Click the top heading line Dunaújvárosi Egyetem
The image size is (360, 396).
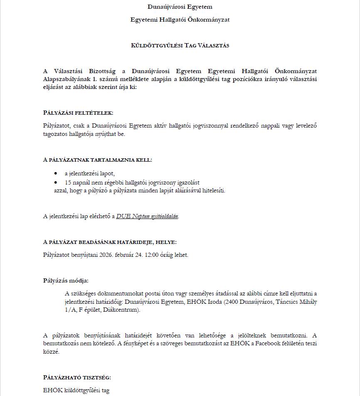180,7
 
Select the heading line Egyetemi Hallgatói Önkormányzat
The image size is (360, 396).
180,20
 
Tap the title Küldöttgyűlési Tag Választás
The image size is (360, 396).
180,45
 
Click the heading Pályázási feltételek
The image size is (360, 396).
78,113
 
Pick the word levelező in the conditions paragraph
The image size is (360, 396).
306,126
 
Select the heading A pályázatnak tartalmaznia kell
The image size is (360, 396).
98,160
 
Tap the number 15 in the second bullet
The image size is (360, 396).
68,182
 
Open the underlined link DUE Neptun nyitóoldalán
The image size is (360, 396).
147,216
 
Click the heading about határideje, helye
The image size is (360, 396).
110,242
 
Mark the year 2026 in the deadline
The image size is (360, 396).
107,255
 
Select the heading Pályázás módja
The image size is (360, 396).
66,280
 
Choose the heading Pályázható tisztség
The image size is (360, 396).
77,377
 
